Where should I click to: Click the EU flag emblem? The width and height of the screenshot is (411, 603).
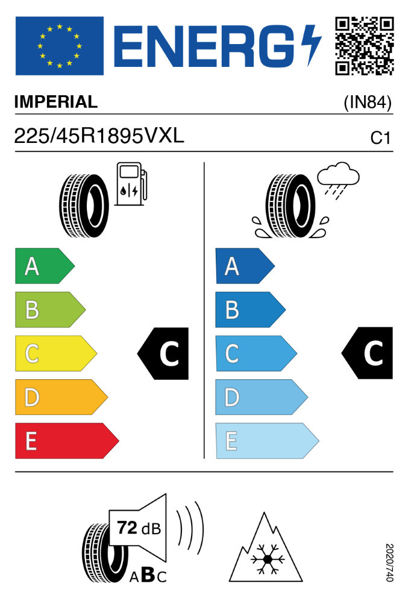59,46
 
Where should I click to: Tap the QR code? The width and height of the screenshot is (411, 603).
364,46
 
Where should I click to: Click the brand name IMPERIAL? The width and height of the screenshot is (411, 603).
55,102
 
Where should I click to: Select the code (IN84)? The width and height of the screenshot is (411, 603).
368,103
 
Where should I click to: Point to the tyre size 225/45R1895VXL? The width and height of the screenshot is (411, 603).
99,136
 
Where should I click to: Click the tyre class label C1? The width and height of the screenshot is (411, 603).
381,138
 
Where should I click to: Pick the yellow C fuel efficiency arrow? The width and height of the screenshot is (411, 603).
55,353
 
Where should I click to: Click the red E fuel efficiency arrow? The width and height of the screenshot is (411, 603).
66,441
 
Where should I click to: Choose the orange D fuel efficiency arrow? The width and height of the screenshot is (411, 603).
60,397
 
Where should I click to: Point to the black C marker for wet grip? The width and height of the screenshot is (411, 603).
368,353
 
